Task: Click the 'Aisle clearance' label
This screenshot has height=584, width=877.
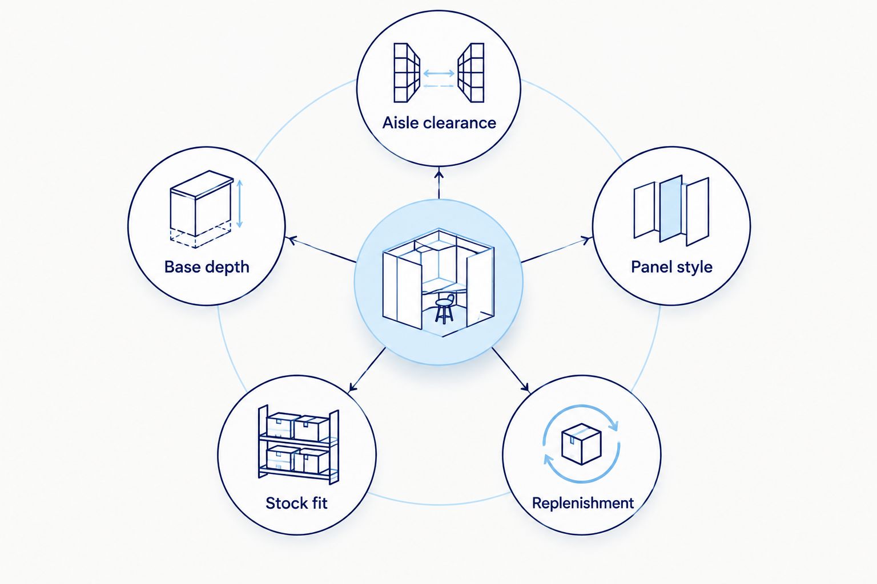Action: tap(439, 123)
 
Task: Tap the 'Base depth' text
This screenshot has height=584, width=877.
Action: tap(207, 267)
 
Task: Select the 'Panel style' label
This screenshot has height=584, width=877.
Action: tap(671, 267)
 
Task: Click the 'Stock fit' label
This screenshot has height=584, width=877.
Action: tap(296, 502)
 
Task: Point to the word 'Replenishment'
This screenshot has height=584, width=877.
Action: tap(582, 503)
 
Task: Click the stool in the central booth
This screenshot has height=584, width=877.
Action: tap(444, 309)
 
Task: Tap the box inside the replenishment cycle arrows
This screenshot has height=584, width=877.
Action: tap(581, 444)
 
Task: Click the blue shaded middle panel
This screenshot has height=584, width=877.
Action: tap(671, 208)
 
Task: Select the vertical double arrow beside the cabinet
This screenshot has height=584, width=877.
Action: tap(240, 204)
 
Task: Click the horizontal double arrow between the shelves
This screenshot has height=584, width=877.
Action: tap(439, 73)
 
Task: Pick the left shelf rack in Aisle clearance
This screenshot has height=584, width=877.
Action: tap(407, 73)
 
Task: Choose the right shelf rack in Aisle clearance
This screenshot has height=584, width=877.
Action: tap(471, 73)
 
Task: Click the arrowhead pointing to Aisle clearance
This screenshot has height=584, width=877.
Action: tap(439, 173)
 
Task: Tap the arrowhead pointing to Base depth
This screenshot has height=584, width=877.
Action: tap(292, 240)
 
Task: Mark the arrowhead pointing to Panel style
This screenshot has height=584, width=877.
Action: tap(586, 240)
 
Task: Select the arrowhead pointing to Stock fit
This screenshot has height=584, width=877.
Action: tap(352, 387)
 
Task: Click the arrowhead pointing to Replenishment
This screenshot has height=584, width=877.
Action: tap(525, 387)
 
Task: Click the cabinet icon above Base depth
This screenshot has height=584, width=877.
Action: tap(202, 204)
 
